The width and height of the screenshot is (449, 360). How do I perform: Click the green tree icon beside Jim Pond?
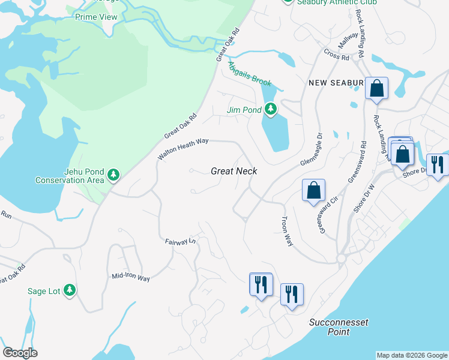[x=271, y=109]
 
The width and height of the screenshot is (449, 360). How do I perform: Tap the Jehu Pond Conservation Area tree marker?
[x=113, y=176]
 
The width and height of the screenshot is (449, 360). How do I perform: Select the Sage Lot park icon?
[x=70, y=290]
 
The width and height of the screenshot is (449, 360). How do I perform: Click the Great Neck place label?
[x=234, y=171]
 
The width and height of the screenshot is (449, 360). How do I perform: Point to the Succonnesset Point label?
[x=339, y=326]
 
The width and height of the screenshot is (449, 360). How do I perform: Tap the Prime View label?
[x=96, y=17]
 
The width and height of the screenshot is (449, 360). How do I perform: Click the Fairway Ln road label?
[x=181, y=241]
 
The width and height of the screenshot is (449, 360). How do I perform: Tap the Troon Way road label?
[x=287, y=232]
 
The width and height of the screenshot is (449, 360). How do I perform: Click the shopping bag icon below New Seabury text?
[x=377, y=88]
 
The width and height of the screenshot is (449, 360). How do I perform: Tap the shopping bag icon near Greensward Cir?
[x=313, y=190]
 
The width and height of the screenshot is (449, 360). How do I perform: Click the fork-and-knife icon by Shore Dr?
[x=437, y=164]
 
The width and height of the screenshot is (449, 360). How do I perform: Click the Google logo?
[x=20, y=353]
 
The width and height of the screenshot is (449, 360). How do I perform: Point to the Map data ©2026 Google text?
[x=411, y=355]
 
